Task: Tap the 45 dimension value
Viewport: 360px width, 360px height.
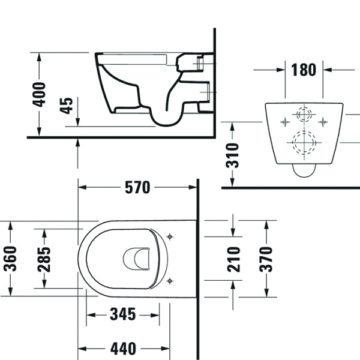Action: pyautogui.click(x=67, y=106)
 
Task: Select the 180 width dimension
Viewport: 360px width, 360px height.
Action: pyautogui.click(x=304, y=70)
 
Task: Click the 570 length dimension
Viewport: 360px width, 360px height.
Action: pyautogui.click(x=137, y=187)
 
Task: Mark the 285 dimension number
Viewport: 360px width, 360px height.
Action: pyautogui.click(x=44, y=259)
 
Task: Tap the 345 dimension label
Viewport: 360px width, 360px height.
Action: pyautogui.click(x=122, y=314)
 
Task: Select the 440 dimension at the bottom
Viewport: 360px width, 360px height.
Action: pyautogui.click(x=123, y=349)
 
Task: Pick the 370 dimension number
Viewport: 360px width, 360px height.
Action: pyautogui.click(x=266, y=259)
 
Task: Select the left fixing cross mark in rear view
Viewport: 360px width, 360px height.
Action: pyautogui.click(x=283, y=121)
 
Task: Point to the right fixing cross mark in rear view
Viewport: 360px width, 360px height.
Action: pyautogui.click(x=324, y=121)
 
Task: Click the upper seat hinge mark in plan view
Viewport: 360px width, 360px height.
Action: pyautogui.click(x=170, y=236)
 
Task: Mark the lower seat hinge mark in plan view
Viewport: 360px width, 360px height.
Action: pyautogui.click(x=170, y=280)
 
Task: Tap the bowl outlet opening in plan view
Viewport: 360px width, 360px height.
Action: pyautogui.click(x=137, y=259)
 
